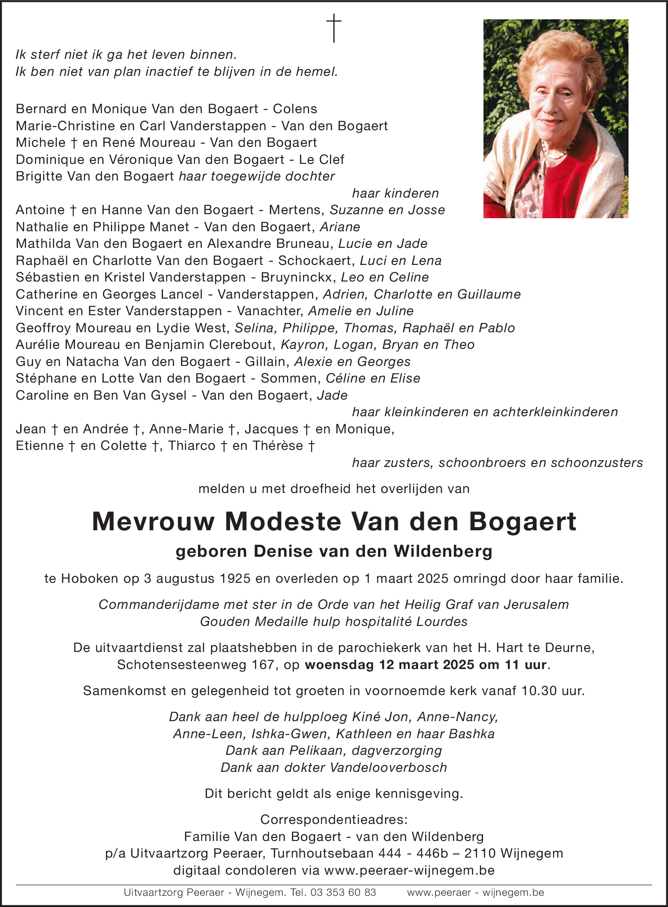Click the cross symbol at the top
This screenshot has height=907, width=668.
coord(334,28)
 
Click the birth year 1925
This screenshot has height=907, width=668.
coord(235,578)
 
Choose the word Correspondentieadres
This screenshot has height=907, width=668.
coord(333,819)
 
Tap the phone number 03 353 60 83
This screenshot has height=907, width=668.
coord(343,893)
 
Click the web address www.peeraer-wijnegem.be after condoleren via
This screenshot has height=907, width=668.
coord(409,870)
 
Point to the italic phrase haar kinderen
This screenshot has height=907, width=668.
coord(395,194)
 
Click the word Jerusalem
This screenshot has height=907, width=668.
coord(536,605)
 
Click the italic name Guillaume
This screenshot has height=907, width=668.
coord(489,295)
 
